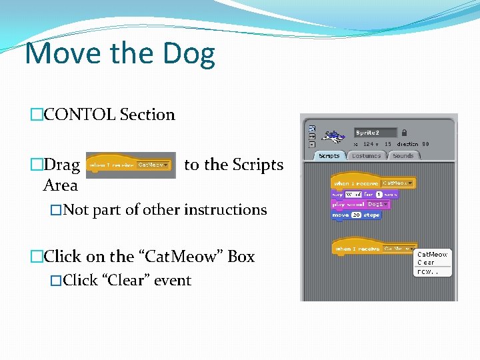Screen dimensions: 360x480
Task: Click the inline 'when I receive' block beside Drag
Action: pos(131,165)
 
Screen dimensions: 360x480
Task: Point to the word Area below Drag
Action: pos(60,185)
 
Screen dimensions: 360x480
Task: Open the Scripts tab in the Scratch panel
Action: pos(329,155)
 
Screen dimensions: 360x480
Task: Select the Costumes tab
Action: pos(366,155)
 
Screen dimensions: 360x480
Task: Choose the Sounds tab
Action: pos(403,155)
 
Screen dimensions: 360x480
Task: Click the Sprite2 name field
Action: pos(375,133)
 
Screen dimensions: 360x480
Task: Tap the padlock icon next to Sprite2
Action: pos(405,133)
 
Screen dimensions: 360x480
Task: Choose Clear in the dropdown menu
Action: pos(426,263)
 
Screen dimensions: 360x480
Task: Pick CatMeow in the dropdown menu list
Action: pos(432,255)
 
